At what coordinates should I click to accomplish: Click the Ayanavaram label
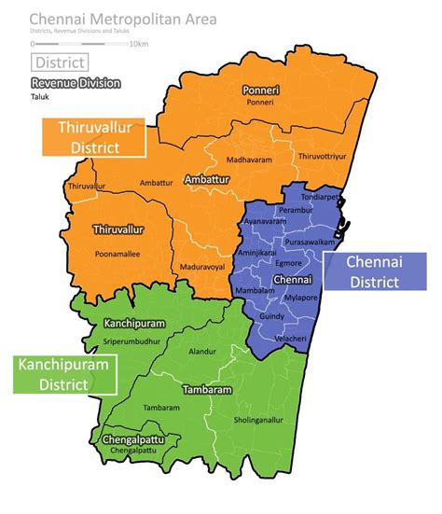tap(264, 222)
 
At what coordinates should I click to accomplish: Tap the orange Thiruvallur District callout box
tap(94, 138)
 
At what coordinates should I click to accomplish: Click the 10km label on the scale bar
tap(139, 44)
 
